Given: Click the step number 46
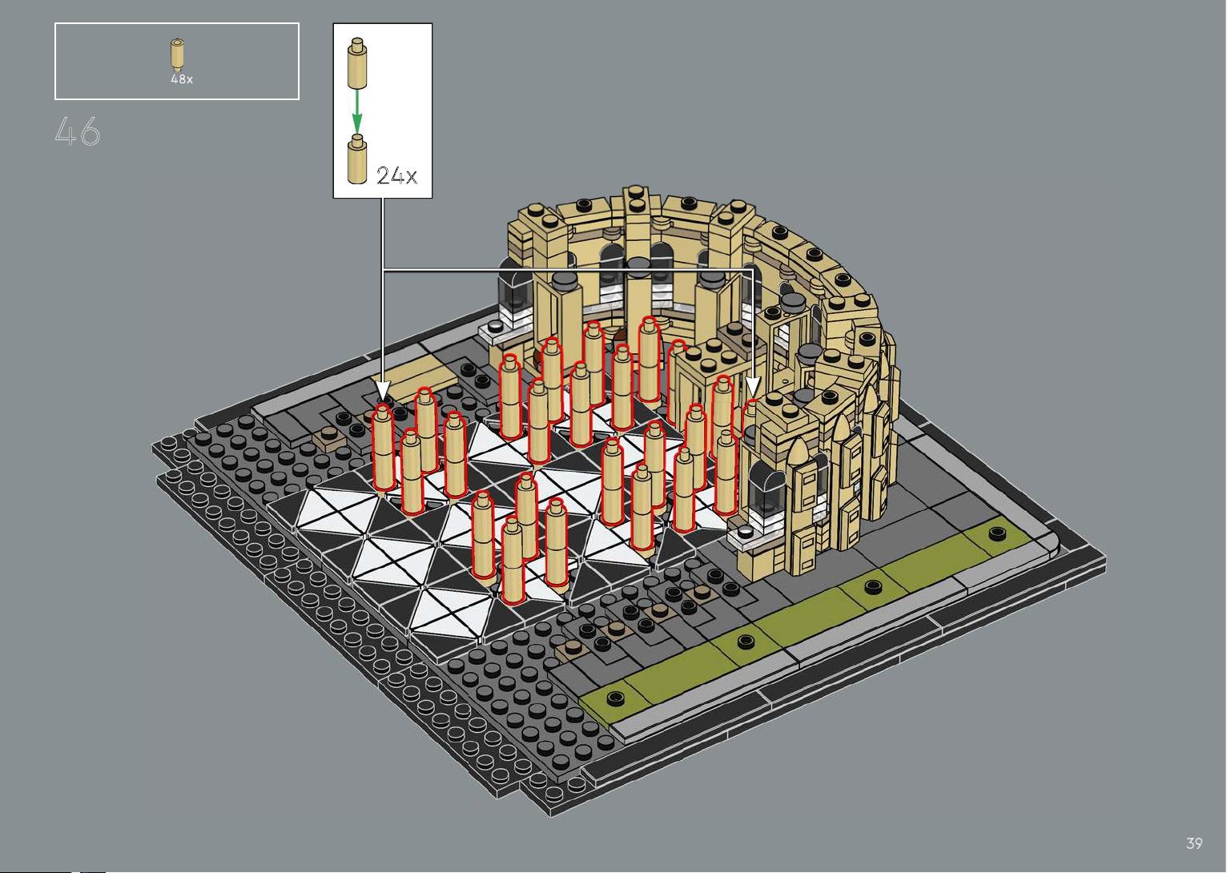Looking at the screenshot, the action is pyautogui.click(x=77, y=131).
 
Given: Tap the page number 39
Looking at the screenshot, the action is pyautogui.click(x=1194, y=843).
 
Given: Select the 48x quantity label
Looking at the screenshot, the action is pyautogui.click(x=182, y=79).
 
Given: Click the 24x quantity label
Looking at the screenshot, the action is pyautogui.click(x=396, y=176).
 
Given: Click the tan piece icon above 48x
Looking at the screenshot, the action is pyautogui.click(x=177, y=54).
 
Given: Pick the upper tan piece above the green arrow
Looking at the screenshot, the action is pyautogui.click(x=356, y=62).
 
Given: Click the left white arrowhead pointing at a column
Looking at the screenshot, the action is pyautogui.click(x=382, y=391).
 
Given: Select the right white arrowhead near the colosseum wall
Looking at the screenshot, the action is pyautogui.click(x=753, y=388).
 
